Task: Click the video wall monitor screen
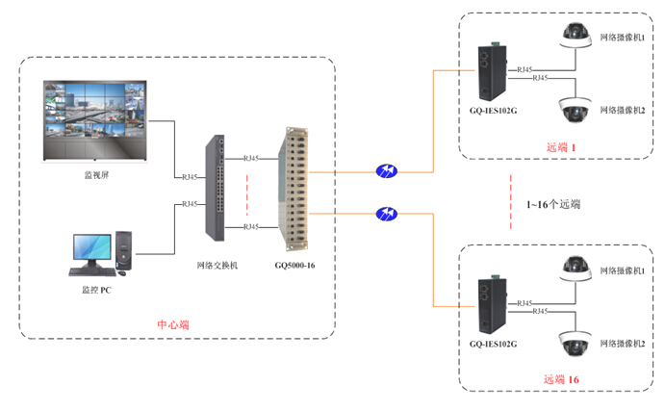coord(94,120)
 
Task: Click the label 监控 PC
coord(97,288)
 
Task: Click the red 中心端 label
coord(173,324)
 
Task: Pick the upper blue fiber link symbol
coord(387,171)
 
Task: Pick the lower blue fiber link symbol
coord(387,213)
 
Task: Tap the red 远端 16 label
coord(562,379)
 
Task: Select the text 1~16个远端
coord(553,205)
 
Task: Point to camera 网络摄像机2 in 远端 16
coord(575,343)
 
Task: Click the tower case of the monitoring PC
coord(123,252)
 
